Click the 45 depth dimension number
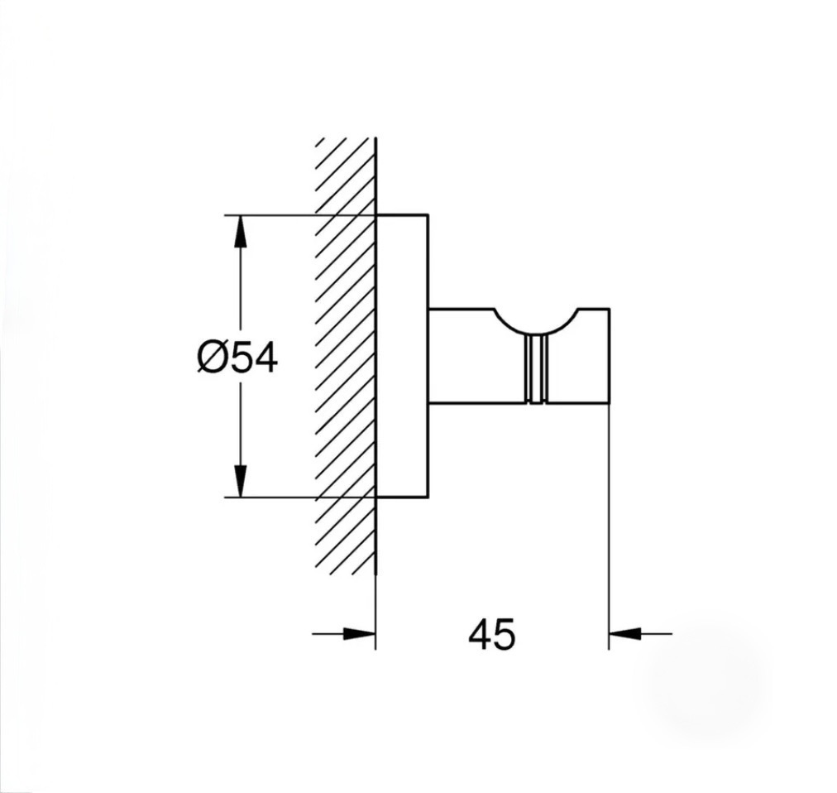pyautogui.click(x=492, y=634)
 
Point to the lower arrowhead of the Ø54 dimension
pyautogui.click(x=241, y=481)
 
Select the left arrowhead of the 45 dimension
pyautogui.click(x=359, y=634)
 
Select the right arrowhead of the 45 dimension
pyautogui.click(x=624, y=634)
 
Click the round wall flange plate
pyautogui.click(x=403, y=356)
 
